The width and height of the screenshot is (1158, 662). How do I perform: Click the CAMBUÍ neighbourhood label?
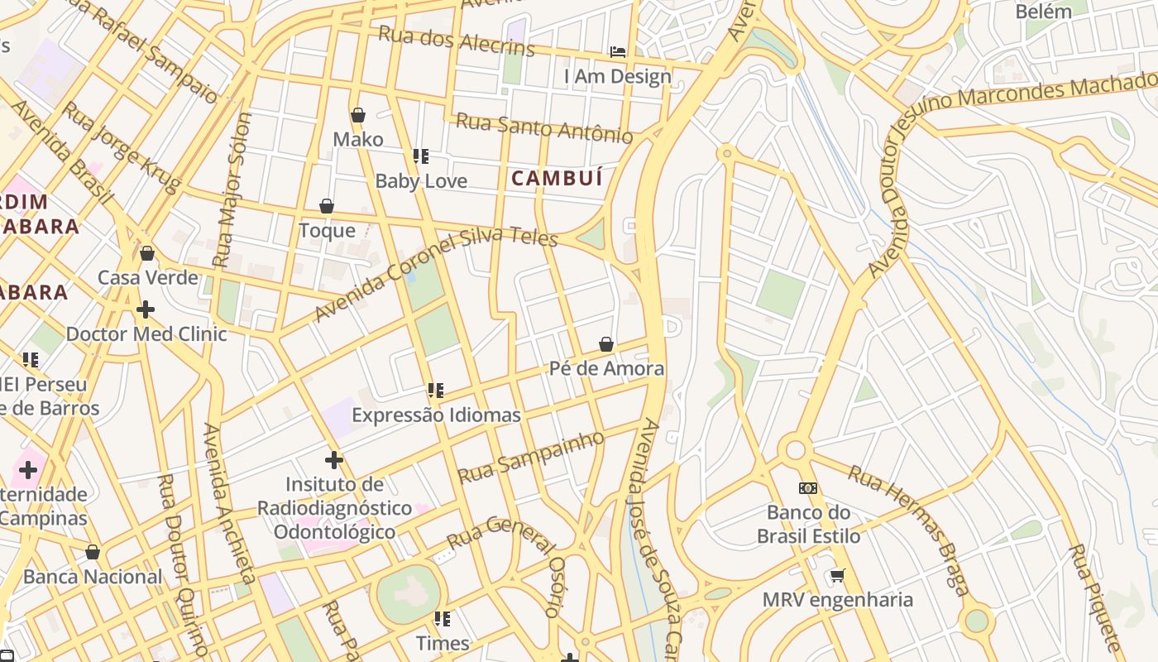point(557,178)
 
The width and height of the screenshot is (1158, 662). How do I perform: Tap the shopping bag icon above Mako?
point(358,115)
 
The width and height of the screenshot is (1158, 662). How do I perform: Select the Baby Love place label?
point(421,181)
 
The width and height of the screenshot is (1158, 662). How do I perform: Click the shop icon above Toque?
point(327,206)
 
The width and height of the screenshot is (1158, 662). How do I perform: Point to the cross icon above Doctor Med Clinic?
point(146,309)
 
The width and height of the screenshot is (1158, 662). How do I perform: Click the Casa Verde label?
point(148,277)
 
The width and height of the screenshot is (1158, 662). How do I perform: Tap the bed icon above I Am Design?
point(618,52)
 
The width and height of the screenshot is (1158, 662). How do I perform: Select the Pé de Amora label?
point(606,369)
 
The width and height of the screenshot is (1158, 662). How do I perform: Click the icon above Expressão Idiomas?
point(436,390)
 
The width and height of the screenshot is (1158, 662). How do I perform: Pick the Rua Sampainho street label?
point(531,457)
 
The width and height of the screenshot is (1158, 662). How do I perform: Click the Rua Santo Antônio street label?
point(543,128)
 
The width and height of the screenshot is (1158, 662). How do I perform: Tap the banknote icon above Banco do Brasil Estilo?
point(808,488)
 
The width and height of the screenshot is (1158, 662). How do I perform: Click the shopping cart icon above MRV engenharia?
point(837,575)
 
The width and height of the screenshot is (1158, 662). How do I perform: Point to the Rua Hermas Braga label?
point(908,529)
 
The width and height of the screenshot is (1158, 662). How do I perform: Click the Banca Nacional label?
point(93,577)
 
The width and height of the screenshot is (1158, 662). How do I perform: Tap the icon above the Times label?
point(443,618)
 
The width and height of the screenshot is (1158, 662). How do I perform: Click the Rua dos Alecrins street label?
point(457,40)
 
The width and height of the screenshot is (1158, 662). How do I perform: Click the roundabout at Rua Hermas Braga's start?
point(796,450)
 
